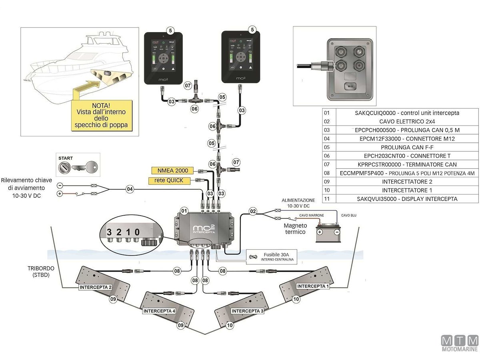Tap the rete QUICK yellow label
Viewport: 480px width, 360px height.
pos(169,180)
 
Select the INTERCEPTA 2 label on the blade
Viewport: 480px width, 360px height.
pos(95,287)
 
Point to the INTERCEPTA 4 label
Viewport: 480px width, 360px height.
pos(159,311)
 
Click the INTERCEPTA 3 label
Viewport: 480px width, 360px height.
pos(248,311)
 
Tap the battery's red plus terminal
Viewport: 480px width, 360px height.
pos(320,232)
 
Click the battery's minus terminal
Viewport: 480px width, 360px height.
pos(337,232)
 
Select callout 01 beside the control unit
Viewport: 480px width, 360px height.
pos(184,210)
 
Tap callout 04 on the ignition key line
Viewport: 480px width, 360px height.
pos(130,189)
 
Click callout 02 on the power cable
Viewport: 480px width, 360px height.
pos(253,210)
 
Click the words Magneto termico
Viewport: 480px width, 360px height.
pos(295,229)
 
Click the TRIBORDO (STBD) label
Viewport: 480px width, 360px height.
pos(39,272)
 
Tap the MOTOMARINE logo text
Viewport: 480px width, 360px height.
pos(460,349)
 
